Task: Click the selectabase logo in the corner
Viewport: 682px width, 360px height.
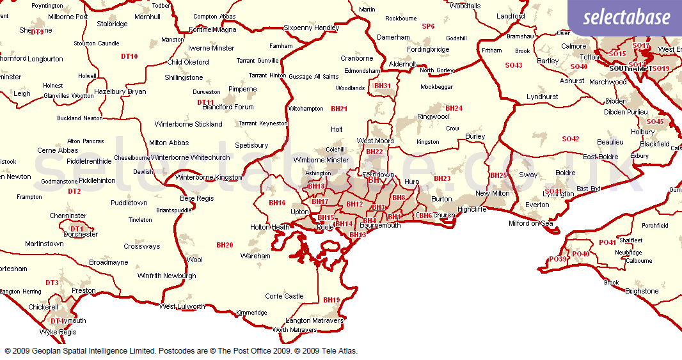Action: [626, 18]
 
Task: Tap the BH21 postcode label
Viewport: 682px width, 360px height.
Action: [339, 109]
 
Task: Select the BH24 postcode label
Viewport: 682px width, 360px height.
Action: [454, 108]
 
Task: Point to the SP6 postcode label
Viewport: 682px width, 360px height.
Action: [428, 26]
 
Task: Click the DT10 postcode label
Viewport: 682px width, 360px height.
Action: [129, 56]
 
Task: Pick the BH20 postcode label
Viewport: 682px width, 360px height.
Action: [225, 245]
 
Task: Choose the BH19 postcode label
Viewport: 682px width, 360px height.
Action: [331, 300]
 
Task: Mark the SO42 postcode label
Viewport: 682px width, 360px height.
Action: [570, 139]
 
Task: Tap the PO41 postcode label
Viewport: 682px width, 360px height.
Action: [607, 242]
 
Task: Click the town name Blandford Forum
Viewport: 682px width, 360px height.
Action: [228, 107]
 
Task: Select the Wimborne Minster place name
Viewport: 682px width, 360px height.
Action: [321, 160]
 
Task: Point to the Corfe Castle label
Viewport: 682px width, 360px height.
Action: [284, 296]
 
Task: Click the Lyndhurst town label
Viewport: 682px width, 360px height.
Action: [542, 97]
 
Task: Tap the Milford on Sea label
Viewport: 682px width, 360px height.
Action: [531, 223]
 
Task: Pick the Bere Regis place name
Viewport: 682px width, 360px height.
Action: [197, 198]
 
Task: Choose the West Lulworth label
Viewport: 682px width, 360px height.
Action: [182, 306]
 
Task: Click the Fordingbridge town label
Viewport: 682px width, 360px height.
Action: [428, 49]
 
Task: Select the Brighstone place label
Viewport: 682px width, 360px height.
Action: [641, 291]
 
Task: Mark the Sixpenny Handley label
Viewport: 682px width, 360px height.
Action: [311, 27]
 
